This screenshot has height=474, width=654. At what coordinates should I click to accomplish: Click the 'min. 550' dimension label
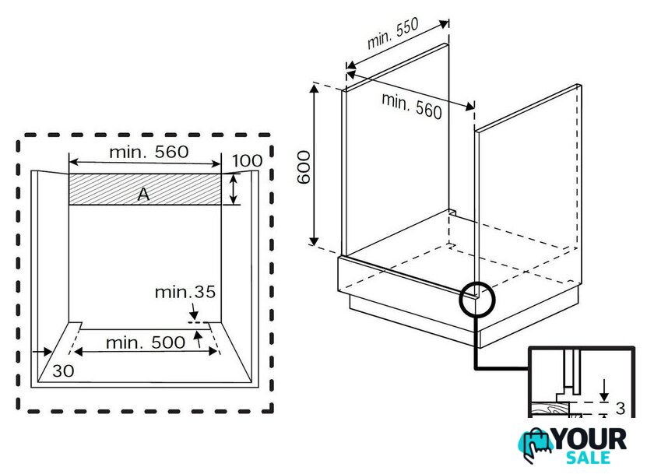[x=393, y=33]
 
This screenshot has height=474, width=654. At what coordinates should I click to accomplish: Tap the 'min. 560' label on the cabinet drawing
[x=412, y=106]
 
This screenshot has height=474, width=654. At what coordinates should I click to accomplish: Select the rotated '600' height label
[x=304, y=167]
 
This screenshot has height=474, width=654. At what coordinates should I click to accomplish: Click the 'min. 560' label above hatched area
[x=149, y=153]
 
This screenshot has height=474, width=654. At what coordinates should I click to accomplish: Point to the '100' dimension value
[x=247, y=160]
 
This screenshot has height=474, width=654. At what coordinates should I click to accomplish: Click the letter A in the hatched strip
[x=143, y=195]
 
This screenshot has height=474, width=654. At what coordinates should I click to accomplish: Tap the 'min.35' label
[x=185, y=292]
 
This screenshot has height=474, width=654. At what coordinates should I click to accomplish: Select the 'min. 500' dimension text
[x=146, y=342]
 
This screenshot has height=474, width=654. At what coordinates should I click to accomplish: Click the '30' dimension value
[x=63, y=370]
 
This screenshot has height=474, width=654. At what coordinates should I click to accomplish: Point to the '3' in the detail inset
[x=621, y=409]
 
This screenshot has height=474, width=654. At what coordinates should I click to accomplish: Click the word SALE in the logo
[x=588, y=458]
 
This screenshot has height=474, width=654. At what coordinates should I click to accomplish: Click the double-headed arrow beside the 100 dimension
[x=234, y=189]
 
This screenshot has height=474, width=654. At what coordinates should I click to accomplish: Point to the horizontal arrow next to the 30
[x=42, y=353]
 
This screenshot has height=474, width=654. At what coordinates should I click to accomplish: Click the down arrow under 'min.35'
[x=194, y=311]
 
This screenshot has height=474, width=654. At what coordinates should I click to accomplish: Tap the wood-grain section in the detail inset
[x=550, y=410]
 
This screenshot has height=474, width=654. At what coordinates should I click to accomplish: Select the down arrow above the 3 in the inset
[x=604, y=391]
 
